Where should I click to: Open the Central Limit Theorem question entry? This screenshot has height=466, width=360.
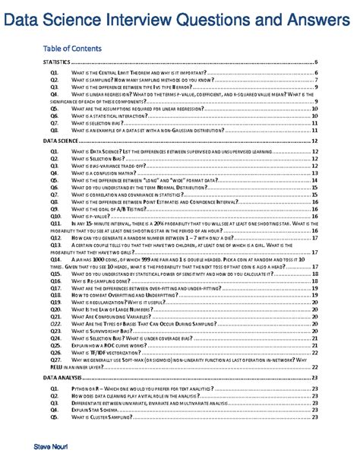coord(144,72)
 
